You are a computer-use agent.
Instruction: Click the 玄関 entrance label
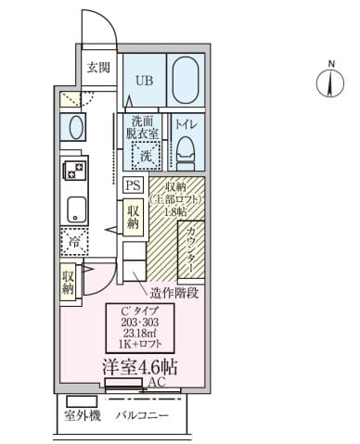coord(98,67)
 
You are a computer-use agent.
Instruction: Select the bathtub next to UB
coord(188,81)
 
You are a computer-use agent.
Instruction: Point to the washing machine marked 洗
coord(145,157)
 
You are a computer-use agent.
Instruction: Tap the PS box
coord(133,184)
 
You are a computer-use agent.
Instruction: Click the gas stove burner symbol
coord(72,170)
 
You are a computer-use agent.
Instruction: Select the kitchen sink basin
coord(74,209)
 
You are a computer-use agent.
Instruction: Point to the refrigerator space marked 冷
coord(73,241)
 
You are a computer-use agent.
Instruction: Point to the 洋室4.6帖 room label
coord(139,366)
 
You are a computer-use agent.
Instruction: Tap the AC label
coord(156,382)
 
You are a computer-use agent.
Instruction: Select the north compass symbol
coord(330,83)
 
